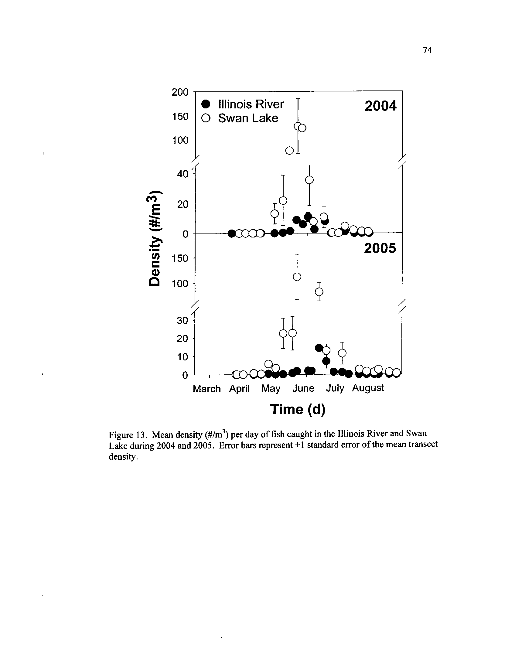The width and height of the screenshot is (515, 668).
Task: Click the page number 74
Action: point(427,50)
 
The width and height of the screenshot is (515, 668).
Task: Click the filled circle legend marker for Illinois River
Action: point(206,104)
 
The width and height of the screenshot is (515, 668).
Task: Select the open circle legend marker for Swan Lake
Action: point(206,118)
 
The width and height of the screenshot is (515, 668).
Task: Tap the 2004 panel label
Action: point(380,106)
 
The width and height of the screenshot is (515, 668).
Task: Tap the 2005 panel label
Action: point(380,248)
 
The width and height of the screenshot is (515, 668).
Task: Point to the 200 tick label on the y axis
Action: point(180,92)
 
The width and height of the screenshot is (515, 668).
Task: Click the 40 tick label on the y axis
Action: point(183,174)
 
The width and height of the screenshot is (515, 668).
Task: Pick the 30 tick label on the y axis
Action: point(183,321)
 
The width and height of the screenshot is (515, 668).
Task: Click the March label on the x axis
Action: point(207,389)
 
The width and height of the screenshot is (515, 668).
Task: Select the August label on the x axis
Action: point(368,388)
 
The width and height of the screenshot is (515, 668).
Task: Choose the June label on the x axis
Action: point(303,388)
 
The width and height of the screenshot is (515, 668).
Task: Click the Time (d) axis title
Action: point(298,409)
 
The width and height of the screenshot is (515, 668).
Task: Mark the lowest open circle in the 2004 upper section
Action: point(289,151)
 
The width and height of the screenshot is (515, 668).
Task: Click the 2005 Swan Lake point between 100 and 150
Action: point(297,277)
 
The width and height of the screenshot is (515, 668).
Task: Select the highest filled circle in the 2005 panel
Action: point(319,347)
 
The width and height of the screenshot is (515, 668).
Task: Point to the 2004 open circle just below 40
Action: point(309,180)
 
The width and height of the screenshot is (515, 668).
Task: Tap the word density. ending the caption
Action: point(122,457)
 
